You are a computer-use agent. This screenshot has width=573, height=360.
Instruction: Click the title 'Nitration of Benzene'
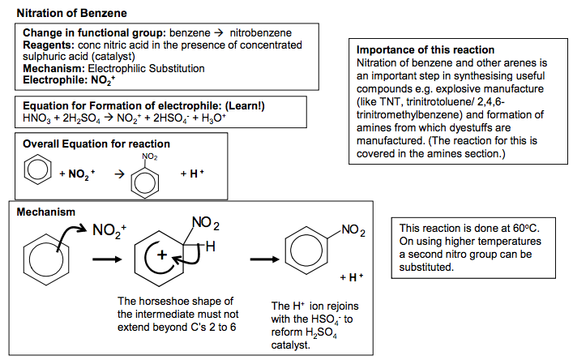[x=71, y=13]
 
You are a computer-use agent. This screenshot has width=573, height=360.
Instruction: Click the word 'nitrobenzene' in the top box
[x=260, y=33]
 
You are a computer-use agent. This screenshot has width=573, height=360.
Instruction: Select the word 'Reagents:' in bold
[x=49, y=45]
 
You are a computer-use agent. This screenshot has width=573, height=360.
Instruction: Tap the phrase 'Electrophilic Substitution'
[x=146, y=68]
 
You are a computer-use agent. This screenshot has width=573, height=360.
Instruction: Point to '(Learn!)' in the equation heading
[x=245, y=105]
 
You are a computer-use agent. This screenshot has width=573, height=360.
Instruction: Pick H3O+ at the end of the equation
[x=214, y=118]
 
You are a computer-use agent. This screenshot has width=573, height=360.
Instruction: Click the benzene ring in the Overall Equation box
[x=37, y=169]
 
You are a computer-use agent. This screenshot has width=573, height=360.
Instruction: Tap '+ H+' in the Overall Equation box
[x=192, y=174]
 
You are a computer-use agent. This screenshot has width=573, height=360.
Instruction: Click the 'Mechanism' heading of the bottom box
[x=46, y=212]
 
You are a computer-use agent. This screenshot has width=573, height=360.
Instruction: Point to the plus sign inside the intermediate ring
[x=162, y=255]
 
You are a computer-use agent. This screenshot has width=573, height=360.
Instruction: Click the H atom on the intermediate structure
[x=211, y=246]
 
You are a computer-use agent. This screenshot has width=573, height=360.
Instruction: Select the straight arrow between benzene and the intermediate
[x=107, y=259]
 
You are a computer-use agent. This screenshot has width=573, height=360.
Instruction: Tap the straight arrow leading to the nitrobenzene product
[x=264, y=259]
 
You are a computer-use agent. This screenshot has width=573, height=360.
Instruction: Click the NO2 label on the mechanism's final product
[x=353, y=230]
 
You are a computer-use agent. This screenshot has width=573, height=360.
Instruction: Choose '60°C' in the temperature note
[x=526, y=228]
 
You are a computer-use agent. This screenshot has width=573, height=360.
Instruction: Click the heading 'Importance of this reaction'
[x=425, y=49]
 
